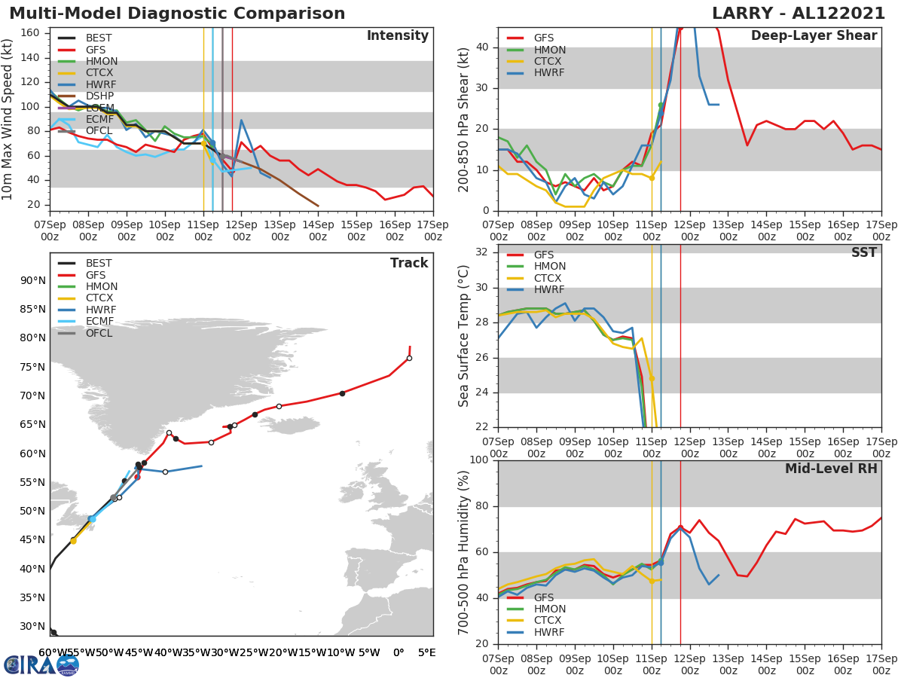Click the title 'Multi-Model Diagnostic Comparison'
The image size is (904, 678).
[177, 14]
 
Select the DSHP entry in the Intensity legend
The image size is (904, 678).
[99, 96]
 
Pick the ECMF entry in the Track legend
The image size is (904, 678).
[99, 322]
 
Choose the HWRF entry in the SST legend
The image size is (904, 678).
[550, 290]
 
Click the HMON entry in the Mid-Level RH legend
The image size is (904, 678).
[550, 609]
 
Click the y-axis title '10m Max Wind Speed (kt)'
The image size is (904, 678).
[8, 120]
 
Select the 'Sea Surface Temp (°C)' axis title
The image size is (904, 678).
[464, 335]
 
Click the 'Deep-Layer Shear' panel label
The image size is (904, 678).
[814, 36]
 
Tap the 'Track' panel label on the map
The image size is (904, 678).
[409, 263]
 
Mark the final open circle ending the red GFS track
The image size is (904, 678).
[409, 359]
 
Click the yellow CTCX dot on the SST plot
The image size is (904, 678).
[652, 379]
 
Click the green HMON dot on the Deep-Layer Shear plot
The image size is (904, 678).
[661, 105]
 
